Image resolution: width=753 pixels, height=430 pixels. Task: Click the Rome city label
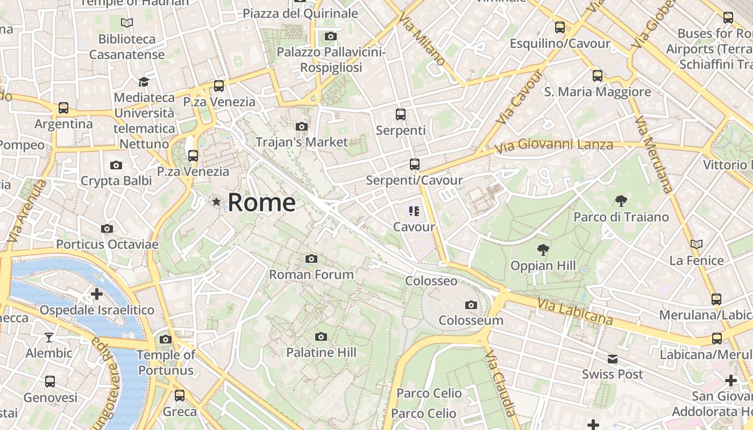pos(261,203)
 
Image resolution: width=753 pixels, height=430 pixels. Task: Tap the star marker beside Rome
pos(216,202)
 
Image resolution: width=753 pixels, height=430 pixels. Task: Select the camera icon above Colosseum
pos(471,305)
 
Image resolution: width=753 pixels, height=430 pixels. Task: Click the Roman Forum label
pos(311,275)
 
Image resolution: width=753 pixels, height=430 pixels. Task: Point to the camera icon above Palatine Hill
pos(321,337)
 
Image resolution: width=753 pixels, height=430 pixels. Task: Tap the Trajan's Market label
pos(302,142)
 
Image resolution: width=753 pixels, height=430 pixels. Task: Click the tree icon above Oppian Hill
pos(543,250)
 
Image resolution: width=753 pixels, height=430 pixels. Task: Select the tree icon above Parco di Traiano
pos(621,202)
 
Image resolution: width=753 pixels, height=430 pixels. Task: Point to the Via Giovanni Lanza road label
pos(553,145)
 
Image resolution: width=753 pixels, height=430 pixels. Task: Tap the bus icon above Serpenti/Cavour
pos(414,164)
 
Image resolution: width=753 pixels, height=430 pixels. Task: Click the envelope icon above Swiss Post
pos(613,359)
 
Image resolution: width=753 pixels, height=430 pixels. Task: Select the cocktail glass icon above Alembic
pos(49,337)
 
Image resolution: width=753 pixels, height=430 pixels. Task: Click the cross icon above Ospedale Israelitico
pos(97,294)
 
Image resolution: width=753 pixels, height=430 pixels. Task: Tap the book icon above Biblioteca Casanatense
pos(127,23)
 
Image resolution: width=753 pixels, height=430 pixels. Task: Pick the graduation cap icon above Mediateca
pos(144,82)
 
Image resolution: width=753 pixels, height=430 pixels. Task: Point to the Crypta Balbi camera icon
pos(116,165)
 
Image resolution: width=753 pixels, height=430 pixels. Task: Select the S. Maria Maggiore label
pos(598,92)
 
